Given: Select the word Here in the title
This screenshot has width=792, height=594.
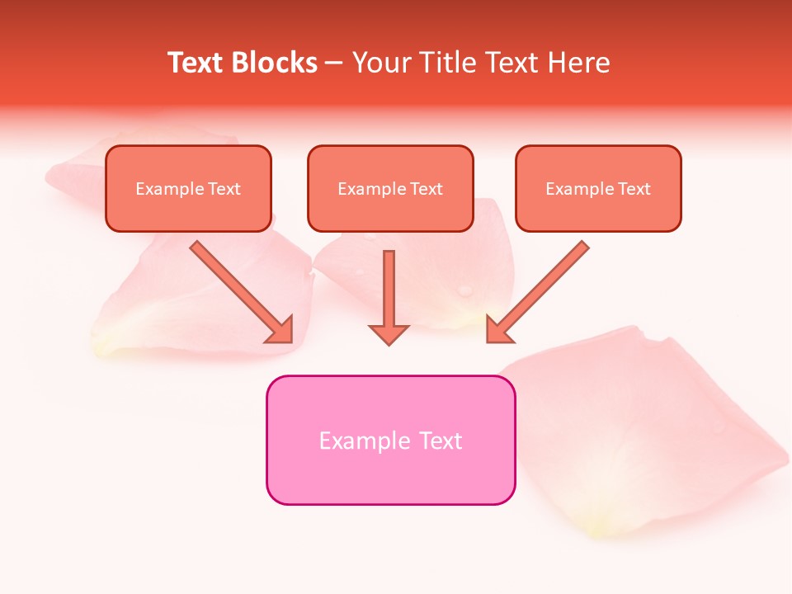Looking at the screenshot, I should pos(578,63).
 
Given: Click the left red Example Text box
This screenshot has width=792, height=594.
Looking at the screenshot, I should pos(188,189).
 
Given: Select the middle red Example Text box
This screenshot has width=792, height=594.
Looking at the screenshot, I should pos(390,189).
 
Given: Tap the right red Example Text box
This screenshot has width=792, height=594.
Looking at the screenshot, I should pos(598,189).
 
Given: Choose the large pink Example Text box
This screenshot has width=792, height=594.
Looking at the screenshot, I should pos(390,440).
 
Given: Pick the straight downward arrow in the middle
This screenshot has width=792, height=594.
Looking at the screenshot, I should pos(389,289).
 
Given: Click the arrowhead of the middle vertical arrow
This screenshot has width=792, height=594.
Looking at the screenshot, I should pos(389,333).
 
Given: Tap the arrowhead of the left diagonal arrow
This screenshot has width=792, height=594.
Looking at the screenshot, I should pos(281,330).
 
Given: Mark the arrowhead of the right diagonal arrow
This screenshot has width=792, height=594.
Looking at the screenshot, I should pos(497,330).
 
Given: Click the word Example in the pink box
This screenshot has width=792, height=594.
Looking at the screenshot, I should pos(365,441).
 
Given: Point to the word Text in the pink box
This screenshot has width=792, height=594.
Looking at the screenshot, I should pos(441,441).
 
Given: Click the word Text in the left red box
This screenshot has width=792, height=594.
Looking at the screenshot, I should pos(224,189).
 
